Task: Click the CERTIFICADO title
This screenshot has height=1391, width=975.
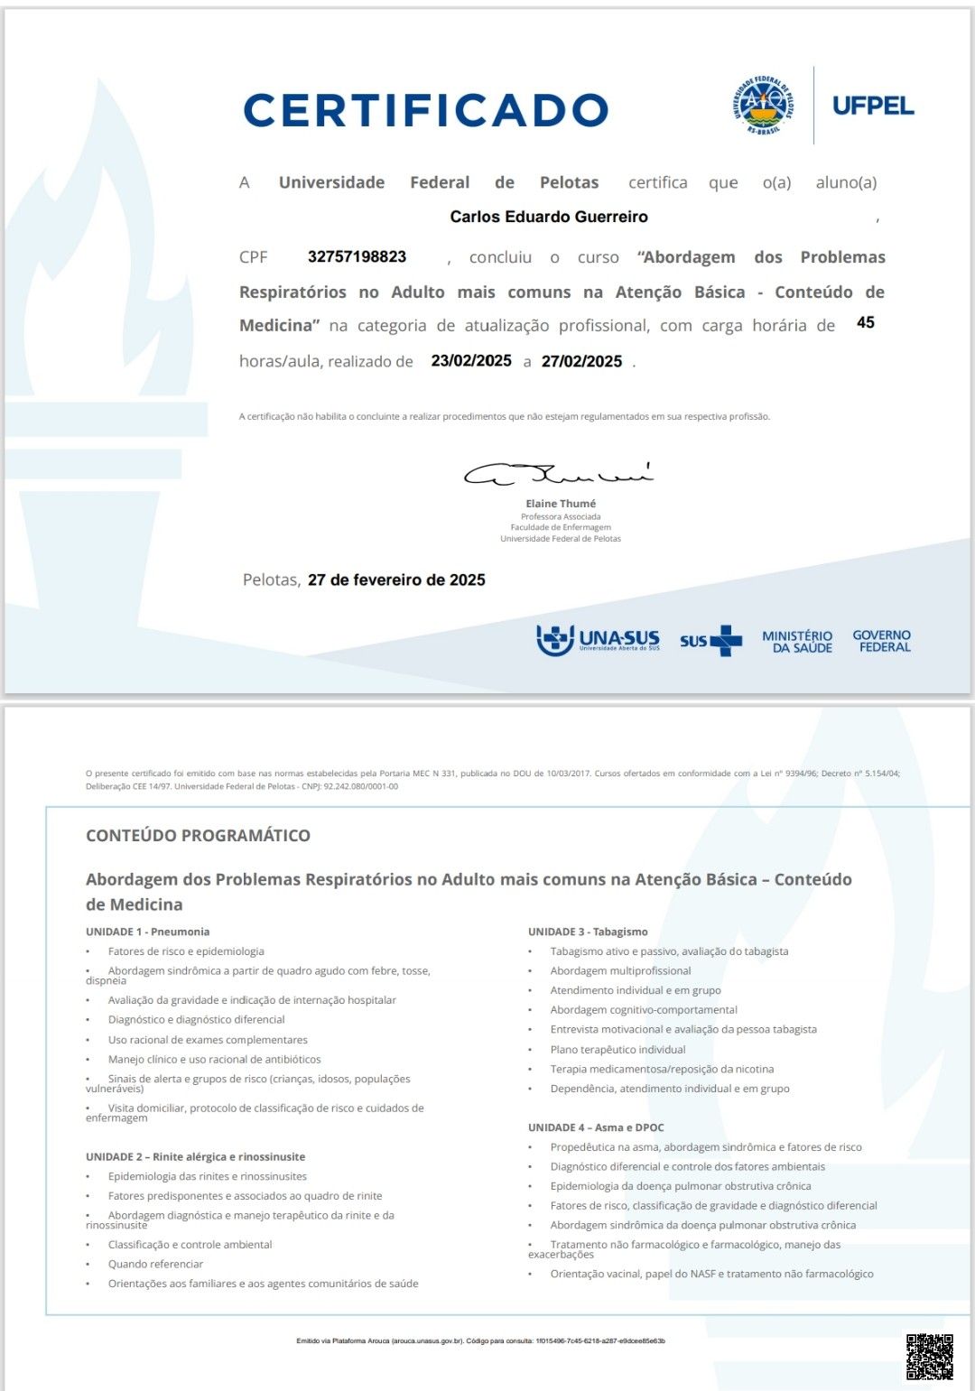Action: [425, 110]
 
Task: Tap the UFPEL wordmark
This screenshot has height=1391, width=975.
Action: [872, 106]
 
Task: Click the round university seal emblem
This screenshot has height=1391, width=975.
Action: [763, 106]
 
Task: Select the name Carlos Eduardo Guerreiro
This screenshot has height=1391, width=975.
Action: [549, 217]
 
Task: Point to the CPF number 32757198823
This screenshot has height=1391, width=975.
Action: [357, 256]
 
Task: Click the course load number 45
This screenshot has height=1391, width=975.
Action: [865, 322]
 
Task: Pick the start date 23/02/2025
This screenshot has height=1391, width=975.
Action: [471, 361]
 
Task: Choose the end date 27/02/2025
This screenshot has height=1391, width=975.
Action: [581, 361]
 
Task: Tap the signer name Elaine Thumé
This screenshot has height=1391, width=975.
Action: [561, 504]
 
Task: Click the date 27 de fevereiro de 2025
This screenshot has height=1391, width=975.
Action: [396, 580]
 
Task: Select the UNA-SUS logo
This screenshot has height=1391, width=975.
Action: [598, 640]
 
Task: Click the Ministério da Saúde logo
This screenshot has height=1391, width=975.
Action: [796, 641]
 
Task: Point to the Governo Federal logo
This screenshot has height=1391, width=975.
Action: [882, 641]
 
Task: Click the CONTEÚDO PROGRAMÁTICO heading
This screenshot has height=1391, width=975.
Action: [198, 836]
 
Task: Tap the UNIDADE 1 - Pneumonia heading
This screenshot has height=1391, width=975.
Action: [148, 932]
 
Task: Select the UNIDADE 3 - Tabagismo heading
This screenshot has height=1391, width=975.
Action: [588, 932]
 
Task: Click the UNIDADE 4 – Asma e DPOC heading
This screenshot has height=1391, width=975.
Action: [596, 1127]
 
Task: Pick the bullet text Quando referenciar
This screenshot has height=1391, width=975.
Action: [155, 1264]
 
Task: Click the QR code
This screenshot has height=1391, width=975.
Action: [929, 1357]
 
